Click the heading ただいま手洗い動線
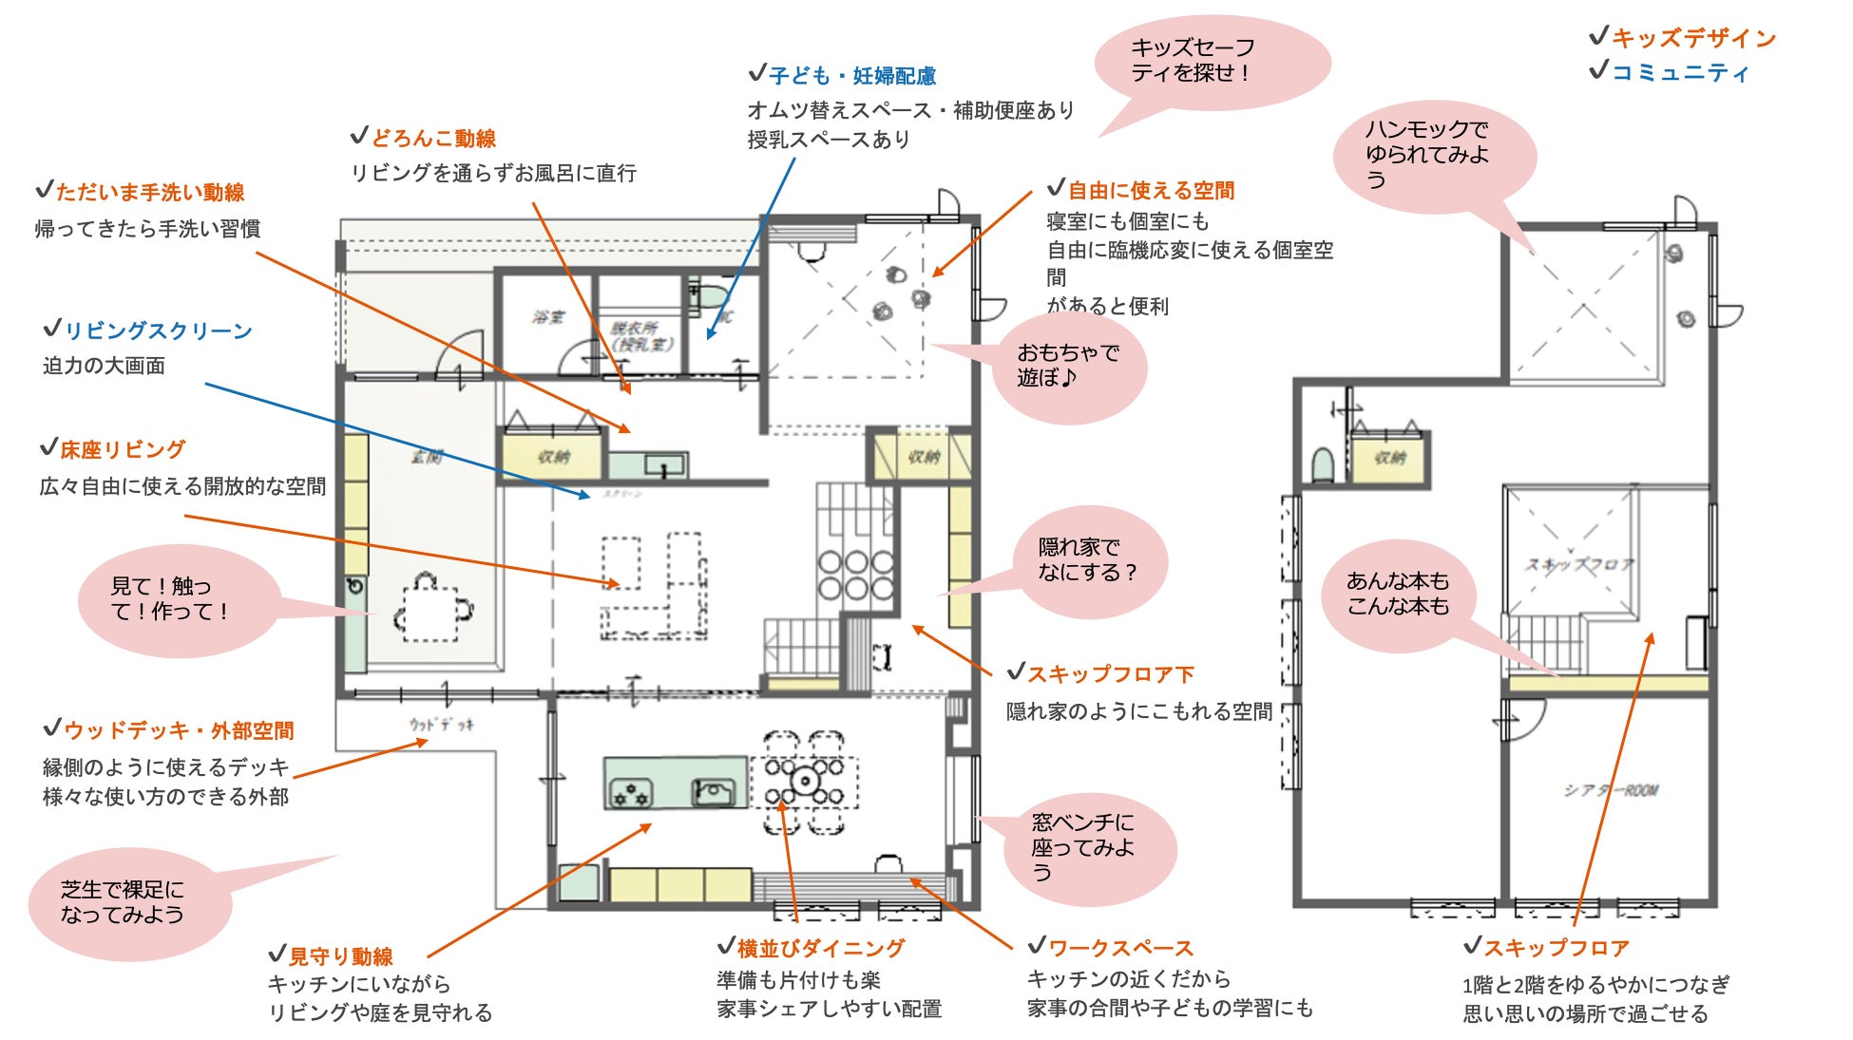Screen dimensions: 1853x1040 coord(150,193)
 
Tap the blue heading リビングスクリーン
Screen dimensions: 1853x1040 coord(158,331)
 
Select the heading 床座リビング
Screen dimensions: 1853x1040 coord(123,449)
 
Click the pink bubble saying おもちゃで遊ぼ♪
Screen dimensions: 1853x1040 coord(1067,366)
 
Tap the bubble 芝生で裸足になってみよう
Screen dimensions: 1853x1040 coord(124,902)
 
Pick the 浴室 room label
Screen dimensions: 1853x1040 coord(548,317)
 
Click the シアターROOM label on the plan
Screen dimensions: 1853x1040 coord(1611,790)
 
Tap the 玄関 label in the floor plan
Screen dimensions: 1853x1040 coord(427,457)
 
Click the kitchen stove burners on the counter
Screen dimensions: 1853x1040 coord(631,791)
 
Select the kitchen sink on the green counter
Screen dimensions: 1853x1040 coord(714,790)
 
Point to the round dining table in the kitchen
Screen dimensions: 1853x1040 coord(805,781)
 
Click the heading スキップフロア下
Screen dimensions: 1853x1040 coord(1110,674)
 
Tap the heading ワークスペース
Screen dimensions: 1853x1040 coord(1120,948)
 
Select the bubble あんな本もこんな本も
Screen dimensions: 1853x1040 coord(1398,594)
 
